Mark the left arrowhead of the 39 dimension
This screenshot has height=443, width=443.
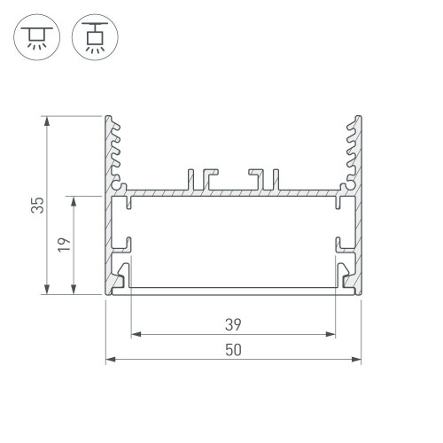(x=136, y=335)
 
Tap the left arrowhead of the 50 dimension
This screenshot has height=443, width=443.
(x=110, y=360)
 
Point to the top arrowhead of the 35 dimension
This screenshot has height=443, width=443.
(x=45, y=120)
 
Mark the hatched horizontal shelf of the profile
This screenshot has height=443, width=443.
(x=233, y=190)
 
